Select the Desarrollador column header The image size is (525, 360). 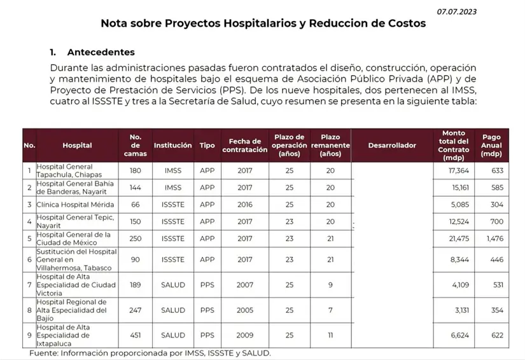coord(392,145)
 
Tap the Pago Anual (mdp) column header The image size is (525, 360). coord(491,145)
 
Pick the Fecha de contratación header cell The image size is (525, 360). coord(245,145)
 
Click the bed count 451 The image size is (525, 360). coord(136,335)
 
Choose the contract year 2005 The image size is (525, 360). coord(245,310)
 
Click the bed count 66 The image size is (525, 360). coord(136,205)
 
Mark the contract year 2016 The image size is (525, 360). coord(245,205)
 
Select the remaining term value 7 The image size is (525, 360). coord(330,310)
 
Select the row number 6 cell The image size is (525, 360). coord(29,260)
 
